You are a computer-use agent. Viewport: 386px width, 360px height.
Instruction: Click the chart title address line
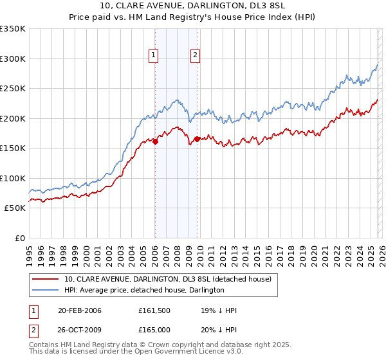[x=192, y=6]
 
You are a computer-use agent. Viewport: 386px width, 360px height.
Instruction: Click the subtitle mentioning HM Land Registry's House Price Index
[x=192, y=17]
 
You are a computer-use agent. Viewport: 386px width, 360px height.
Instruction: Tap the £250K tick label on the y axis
[x=13, y=89]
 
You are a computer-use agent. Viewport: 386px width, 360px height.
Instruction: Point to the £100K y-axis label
[x=13, y=178]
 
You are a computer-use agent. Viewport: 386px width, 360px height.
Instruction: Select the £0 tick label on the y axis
[x=19, y=238]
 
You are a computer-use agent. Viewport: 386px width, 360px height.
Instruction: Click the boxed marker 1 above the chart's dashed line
[x=154, y=56]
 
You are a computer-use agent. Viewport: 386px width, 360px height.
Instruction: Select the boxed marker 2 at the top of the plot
[x=194, y=56]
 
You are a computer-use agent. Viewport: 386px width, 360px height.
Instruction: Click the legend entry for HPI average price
[x=143, y=290]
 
